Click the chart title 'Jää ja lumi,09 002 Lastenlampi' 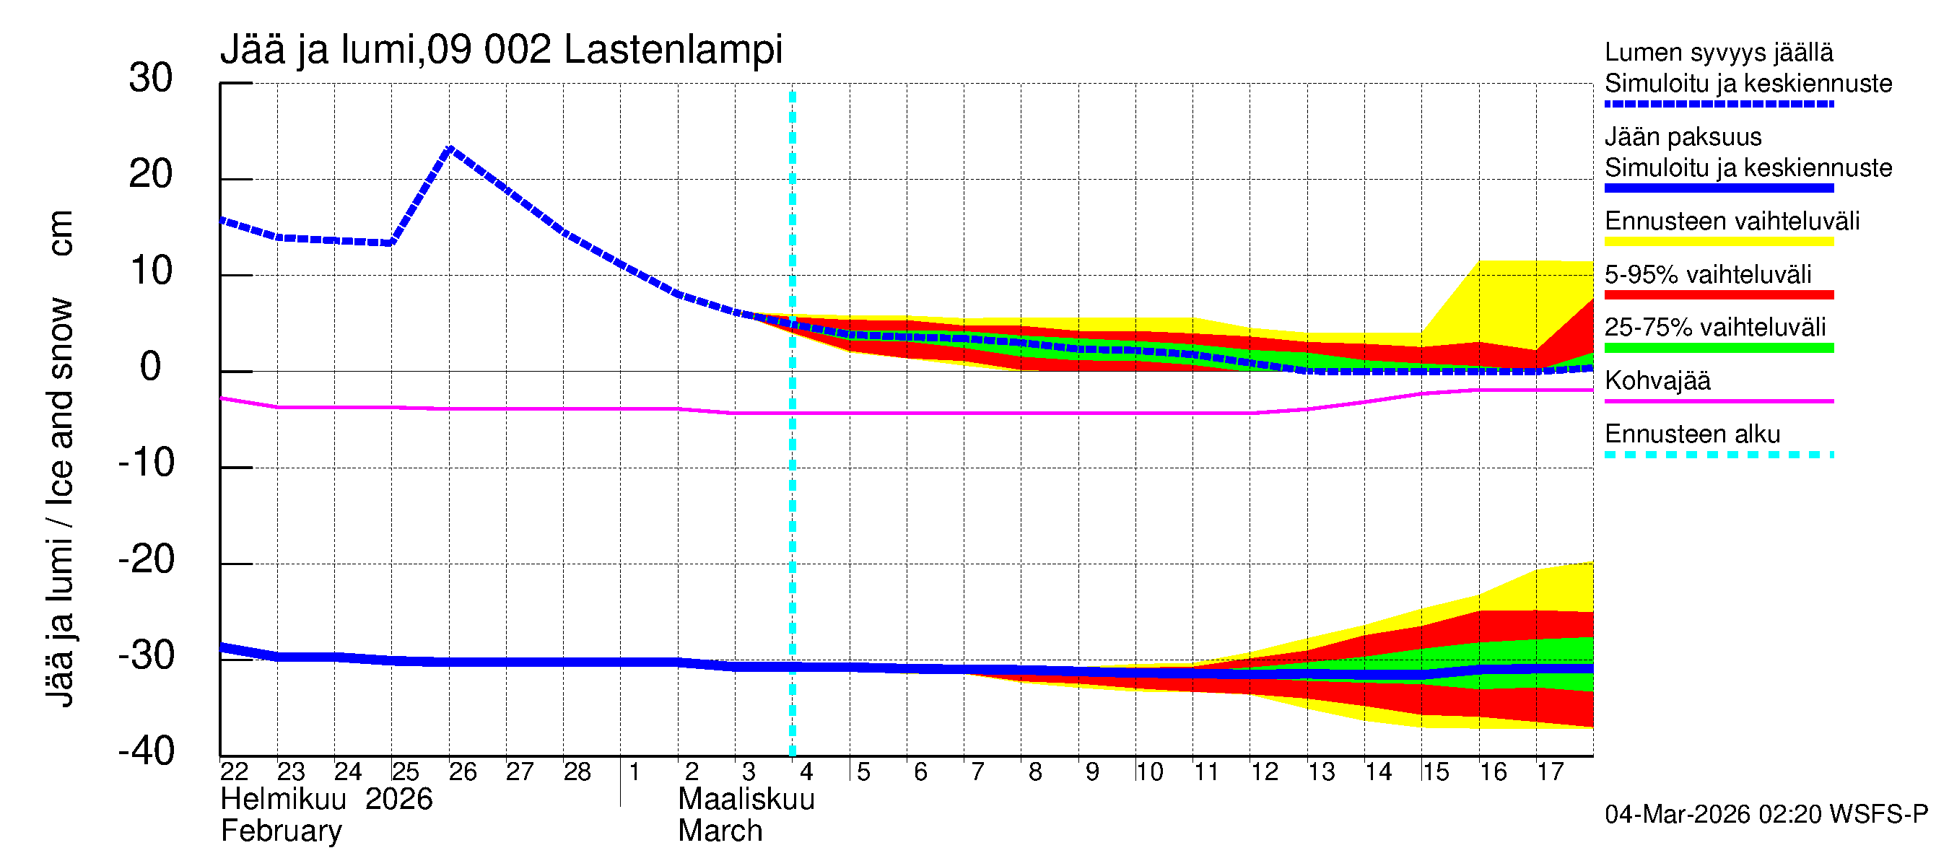click(x=501, y=50)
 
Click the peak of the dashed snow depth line click(x=451, y=148)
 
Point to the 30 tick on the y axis click(x=151, y=79)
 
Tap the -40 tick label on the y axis click(x=146, y=751)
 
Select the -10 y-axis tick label click(x=146, y=463)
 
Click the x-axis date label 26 click(x=462, y=771)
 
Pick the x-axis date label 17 click(x=1551, y=771)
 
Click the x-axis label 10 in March click(x=1148, y=771)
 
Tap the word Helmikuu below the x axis click(x=283, y=800)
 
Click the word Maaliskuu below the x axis click(x=746, y=800)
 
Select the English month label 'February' click(x=282, y=831)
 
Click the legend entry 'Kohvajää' click(x=1657, y=380)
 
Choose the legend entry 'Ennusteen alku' click(x=1692, y=434)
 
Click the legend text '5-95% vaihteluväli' click(x=1708, y=274)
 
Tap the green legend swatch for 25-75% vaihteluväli click(x=1718, y=348)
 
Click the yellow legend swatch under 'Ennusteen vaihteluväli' click(x=1718, y=242)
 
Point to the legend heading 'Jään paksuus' click(x=1683, y=137)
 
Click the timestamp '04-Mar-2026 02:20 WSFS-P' click(x=1766, y=815)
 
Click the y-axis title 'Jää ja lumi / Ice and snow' click(x=61, y=502)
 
